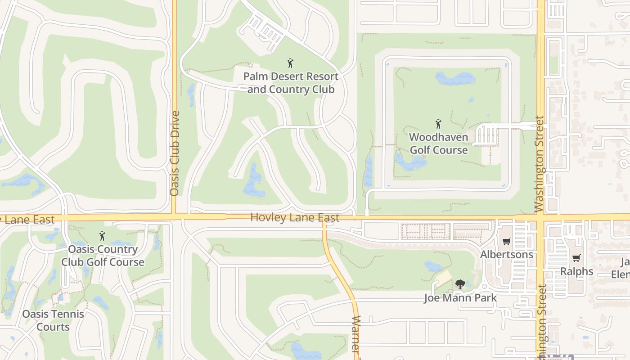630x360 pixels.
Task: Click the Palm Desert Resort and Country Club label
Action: coord(291,83)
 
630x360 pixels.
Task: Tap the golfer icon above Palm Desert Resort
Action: coord(290,63)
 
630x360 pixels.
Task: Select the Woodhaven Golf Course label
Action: coord(439,143)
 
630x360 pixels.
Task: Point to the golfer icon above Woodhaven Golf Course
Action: coord(438,123)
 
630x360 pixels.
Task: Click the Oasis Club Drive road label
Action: coord(175,153)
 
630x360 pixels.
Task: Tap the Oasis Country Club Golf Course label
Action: coord(103,256)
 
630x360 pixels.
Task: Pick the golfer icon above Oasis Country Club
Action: coord(102,236)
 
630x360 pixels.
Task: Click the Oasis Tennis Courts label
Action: coord(53,320)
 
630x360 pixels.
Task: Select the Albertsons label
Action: coord(507,254)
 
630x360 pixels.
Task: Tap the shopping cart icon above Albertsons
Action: coord(507,242)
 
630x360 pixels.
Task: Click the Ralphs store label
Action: coord(576,271)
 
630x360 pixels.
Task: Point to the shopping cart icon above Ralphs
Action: coord(576,258)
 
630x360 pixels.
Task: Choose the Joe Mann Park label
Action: coord(460,298)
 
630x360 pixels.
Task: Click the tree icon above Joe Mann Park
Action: coord(460,284)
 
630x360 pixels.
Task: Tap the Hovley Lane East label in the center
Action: coord(295,218)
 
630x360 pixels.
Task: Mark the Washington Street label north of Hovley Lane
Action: coord(540,164)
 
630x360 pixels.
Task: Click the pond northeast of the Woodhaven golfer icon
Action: coord(455,79)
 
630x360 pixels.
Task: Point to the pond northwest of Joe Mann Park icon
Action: coord(433,266)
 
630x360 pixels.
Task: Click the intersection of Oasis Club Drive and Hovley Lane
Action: coord(175,218)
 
